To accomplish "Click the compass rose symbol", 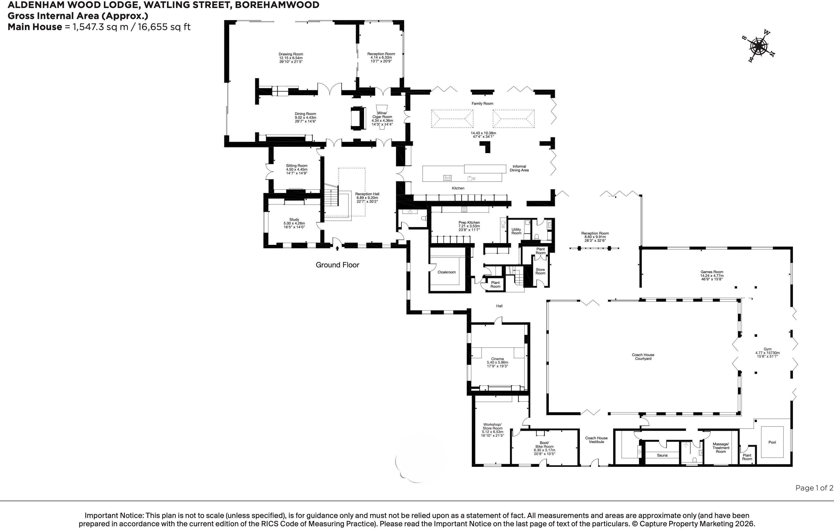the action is pyautogui.click(x=758, y=46).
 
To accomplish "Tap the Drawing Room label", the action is pyautogui.click(x=291, y=58).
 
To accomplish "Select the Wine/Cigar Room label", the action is pyautogui.click(x=382, y=119).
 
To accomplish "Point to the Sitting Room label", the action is pyautogui.click(x=296, y=169).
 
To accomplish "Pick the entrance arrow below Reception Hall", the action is pyautogui.click(x=337, y=248).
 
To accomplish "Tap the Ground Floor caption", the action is pyautogui.click(x=337, y=265).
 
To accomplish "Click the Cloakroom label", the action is pyautogui.click(x=446, y=272).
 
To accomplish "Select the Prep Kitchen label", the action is pyautogui.click(x=469, y=226).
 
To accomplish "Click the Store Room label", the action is pyautogui.click(x=540, y=271).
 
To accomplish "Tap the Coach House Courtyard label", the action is pyautogui.click(x=643, y=357).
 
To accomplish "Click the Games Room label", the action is pyautogui.click(x=712, y=276).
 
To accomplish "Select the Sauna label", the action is pyautogui.click(x=662, y=455).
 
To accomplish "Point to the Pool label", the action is pyautogui.click(x=772, y=442).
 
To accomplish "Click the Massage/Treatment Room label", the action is pyautogui.click(x=721, y=448).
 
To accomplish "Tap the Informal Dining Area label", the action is pyautogui.click(x=519, y=168).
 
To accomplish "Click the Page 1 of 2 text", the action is pyautogui.click(x=814, y=488).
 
